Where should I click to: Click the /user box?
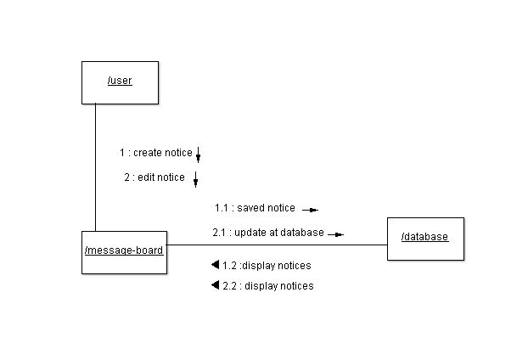click(120, 82)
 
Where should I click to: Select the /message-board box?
click(124, 251)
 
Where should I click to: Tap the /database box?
click(425, 238)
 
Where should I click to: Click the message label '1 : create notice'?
click(155, 153)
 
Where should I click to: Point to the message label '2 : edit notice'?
click(154, 177)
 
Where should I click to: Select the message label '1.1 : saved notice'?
click(255, 208)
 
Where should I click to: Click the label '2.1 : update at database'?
click(268, 233)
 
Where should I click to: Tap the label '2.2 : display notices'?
click(267, 286)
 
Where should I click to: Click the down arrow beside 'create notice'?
click(198, 155)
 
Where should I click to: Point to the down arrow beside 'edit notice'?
click(195, 179)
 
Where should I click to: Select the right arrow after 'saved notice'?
click(310, 210)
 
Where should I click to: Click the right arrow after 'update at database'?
click(336, 234)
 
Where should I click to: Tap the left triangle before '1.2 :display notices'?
click(215, 265)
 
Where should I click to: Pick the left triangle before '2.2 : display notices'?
click(215, 285)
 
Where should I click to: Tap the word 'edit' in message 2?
click(145, 177)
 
